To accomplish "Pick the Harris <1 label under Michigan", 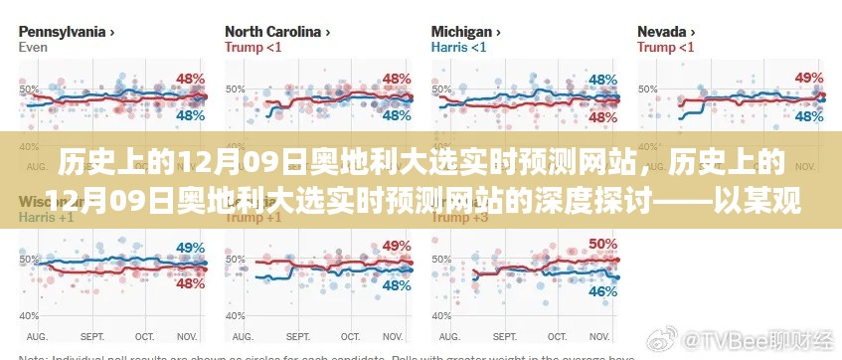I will click(x=458, y=47).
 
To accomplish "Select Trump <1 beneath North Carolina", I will click(x=253, y=47).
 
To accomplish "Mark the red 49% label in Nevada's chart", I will click(x=809, y=78).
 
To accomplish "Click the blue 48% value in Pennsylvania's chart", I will click(x=190, y=115).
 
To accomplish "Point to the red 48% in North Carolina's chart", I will click(x=397, y=78).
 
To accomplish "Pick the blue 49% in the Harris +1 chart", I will click(x=190, y=247).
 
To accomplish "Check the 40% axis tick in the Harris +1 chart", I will click(x=27, y=315).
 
